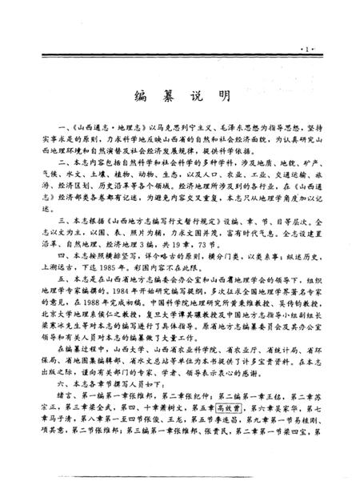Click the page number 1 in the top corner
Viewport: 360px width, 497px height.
[327, 50]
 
